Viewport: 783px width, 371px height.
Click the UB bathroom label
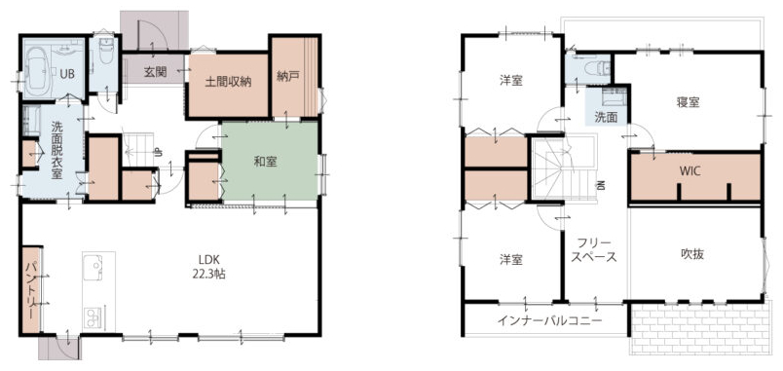(x=67, y=74)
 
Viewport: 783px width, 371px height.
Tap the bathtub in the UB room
(x=38, y=71)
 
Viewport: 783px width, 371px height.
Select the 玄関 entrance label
(x=155, y=72)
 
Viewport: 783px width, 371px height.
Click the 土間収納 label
(x=228, y=83)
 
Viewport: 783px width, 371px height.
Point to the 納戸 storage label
(x=288, y=76)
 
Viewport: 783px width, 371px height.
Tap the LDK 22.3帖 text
(x=206, y=266)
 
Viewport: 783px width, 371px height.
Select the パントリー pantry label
(x=31, y=290)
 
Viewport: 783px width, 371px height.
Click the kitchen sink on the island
(x=93, y=267)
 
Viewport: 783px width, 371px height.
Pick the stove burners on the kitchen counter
(x=92, y=316)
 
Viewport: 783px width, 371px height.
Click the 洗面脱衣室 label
(x=56, y=150)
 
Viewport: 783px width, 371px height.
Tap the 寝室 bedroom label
(x=689, y=102)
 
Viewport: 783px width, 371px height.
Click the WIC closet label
(x=690, y=170)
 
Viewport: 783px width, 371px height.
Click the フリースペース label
(x=594, y=251)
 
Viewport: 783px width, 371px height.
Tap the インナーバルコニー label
(x=550, y=320)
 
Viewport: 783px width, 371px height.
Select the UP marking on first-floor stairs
(x=157, y=152)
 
